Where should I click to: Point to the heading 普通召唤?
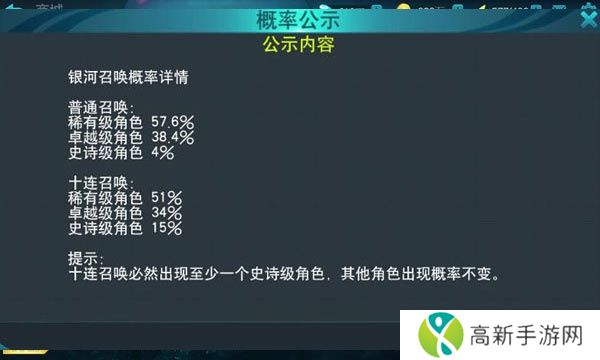pyautogui.click(x=101, y=108)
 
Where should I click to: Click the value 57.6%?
pyautogui.click(x=171, y=122)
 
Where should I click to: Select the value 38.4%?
pyautogui.click(x=171, y=138)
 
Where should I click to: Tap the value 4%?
pyautogui.click(x=162, y=153)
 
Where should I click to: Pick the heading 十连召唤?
pyautogui.click(x=101, y=183)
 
